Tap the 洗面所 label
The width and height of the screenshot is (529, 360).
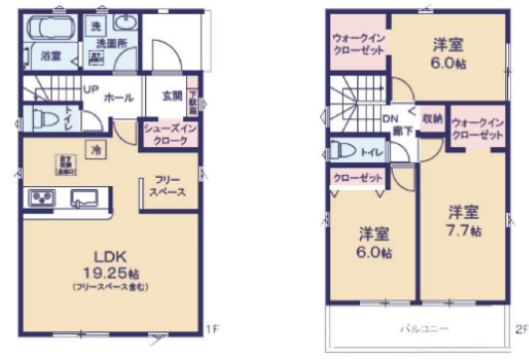[110, 45]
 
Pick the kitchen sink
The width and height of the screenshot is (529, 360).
[82, 198]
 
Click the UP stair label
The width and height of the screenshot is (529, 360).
[89, 91]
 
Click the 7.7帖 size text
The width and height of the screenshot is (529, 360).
[463, 232]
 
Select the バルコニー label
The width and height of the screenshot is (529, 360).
[425, 328]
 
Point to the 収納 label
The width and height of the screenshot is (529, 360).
[432, 116]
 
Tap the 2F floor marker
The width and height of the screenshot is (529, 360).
[520, 328]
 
